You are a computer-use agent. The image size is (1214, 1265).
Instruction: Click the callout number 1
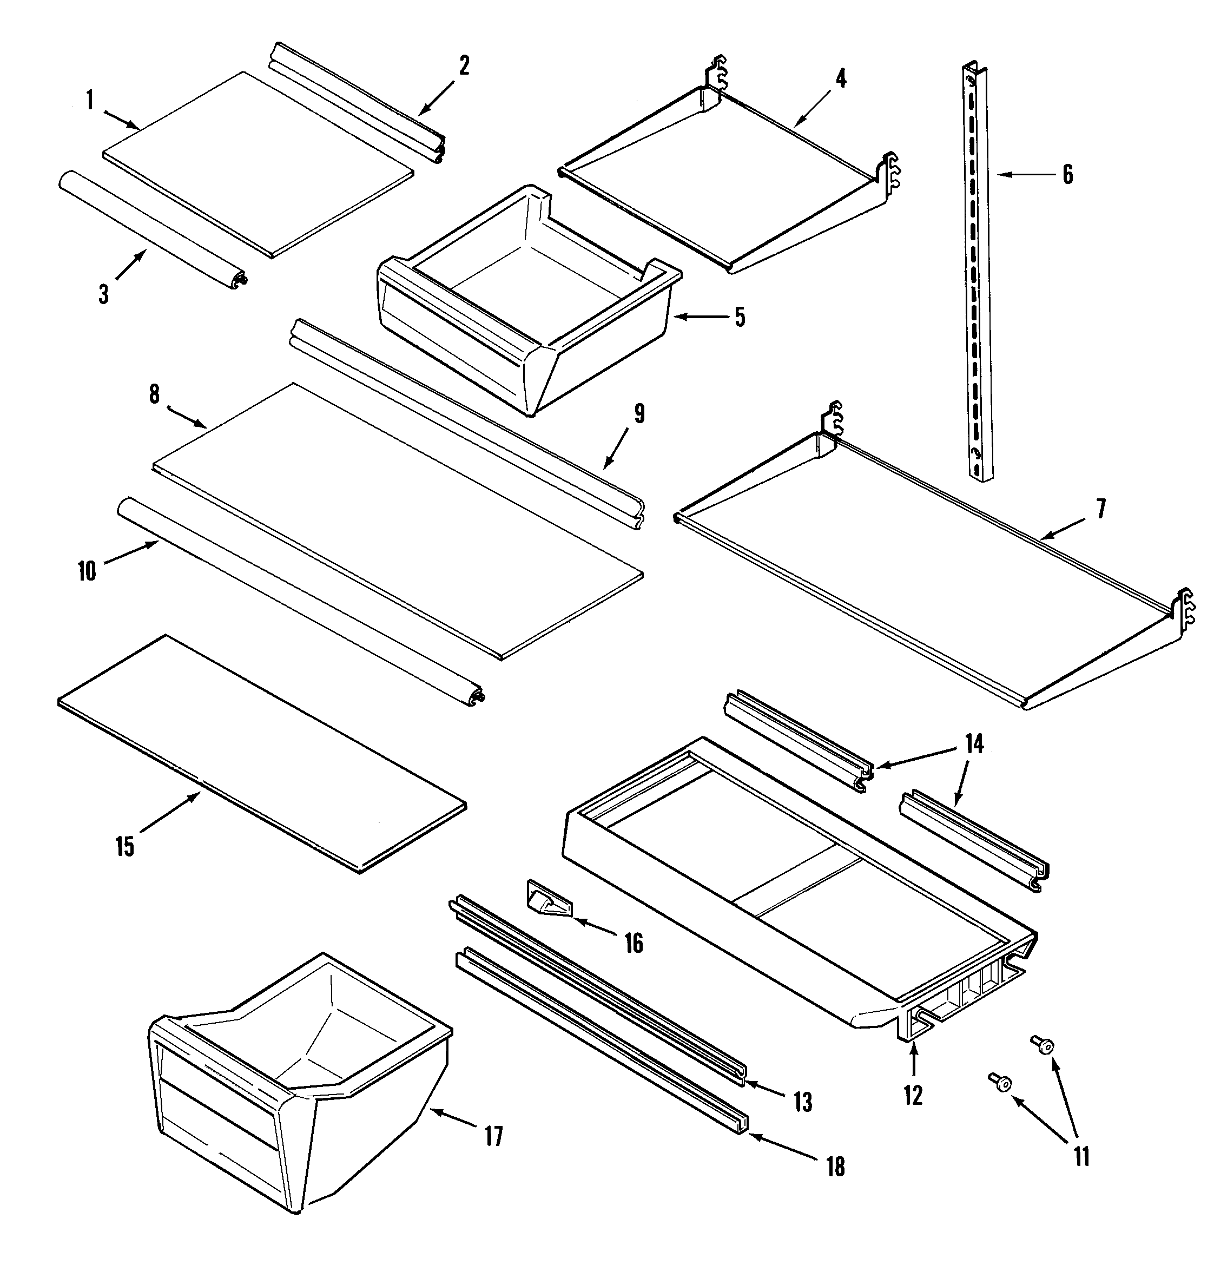pyautogui.click(x=90, y=101)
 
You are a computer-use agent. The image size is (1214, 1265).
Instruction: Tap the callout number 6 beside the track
pyautogui.click(x=1067, y=174)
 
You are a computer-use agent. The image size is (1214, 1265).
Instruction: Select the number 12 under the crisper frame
pyautogui.click(x=913, y=1095)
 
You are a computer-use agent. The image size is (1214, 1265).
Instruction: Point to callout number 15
pyautogui.click(x=125, y=846)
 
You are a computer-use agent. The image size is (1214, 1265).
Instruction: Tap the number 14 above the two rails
pyautogui.click(x=974, y=744)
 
